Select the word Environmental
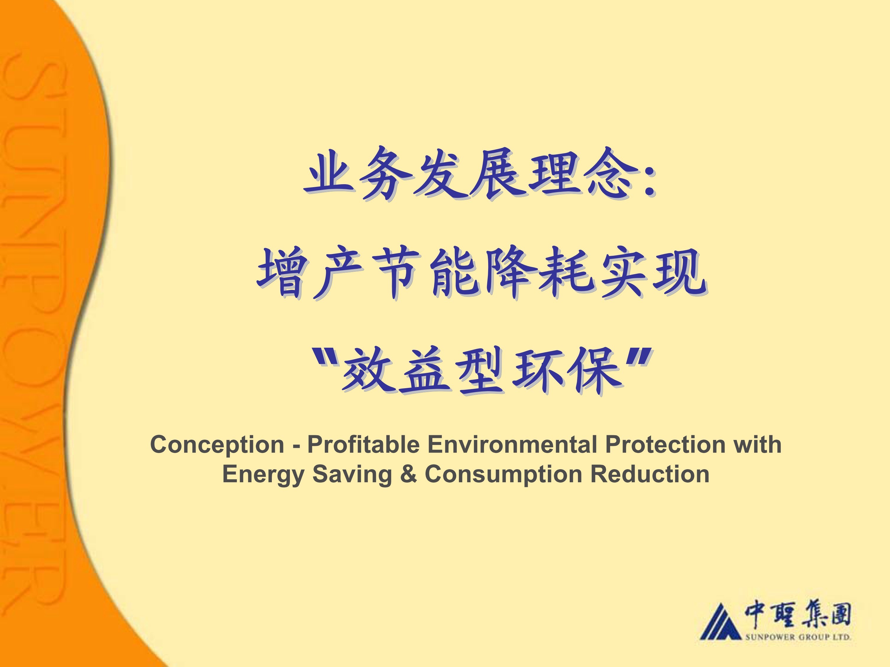pyautogui.click(x=512, y=444)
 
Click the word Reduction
pyautogui.click(x=649, y=474)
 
